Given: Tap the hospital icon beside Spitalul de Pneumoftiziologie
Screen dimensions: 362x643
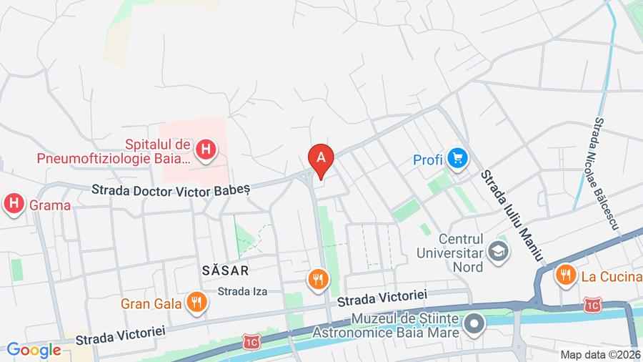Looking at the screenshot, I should coord(206,150).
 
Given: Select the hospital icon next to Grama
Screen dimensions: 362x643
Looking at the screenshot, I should coord(13,205).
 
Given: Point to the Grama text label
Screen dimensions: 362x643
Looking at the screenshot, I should coord(50,206).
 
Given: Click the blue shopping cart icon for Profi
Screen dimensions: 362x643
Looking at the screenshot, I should coord(457,160).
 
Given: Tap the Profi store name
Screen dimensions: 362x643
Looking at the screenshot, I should coord(428,160).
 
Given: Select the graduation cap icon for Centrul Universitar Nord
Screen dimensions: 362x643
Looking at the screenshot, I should coord(497,251).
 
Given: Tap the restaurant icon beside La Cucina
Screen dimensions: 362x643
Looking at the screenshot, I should coord(565,274).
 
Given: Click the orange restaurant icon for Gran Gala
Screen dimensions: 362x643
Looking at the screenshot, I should coord(196,303).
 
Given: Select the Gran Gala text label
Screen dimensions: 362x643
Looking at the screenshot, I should coord(151,303).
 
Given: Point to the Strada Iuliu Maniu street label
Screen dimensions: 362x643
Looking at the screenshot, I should coord(512,215).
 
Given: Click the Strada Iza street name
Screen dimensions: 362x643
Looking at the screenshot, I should coord(242,291).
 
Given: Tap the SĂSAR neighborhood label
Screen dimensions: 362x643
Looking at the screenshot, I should coord(224,270).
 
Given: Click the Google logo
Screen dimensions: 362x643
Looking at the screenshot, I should coord(34,350).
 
